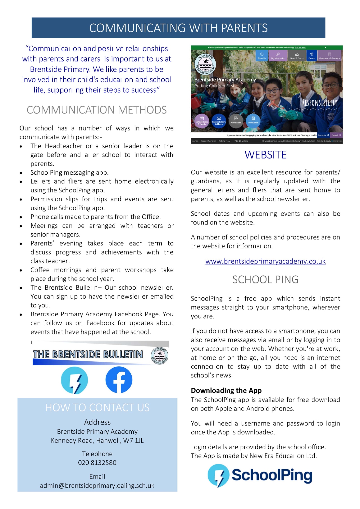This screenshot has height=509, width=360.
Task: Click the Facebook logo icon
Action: click(119, 380)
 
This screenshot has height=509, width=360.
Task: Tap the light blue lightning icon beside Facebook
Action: click(75, 380)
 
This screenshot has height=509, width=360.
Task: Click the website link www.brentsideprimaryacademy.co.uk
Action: click(266, 261)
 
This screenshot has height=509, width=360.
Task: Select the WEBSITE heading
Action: click(266, 155)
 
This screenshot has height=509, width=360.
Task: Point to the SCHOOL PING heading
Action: click(266, 280)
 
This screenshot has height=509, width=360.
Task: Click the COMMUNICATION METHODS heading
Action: click(97, 110)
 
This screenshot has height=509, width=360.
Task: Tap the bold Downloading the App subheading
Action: click(226, 390)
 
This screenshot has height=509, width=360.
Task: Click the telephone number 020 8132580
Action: click(97, 462)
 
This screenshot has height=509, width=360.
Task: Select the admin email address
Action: click(97, 486)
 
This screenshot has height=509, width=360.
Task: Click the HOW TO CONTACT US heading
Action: click(97, 408)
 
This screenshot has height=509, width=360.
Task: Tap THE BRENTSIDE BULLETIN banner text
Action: click(88, 355)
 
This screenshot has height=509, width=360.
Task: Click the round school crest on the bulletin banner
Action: click(160, 355)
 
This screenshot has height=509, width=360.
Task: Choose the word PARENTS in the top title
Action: click(244, 28)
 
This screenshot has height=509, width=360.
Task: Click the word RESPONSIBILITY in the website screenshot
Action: click(320, 103)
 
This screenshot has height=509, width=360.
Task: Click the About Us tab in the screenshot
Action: click(262, 55)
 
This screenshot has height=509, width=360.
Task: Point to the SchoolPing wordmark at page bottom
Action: click(272, 475)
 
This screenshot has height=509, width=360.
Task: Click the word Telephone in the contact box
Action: click(97, 454)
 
